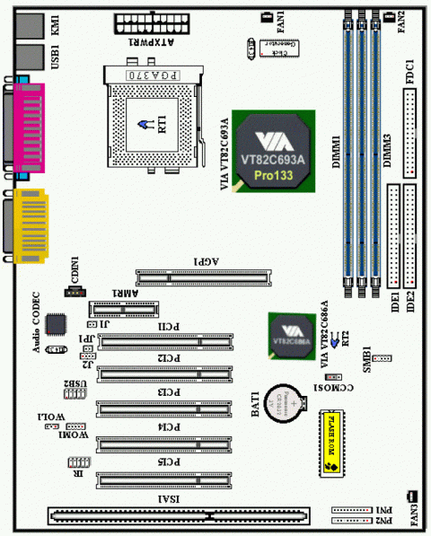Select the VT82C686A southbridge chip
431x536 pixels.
pyautogui.click(x=294, y=338)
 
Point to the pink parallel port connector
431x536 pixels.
pyautogui.click(x=25, y=127)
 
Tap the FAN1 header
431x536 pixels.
pyautogui.click(x=266, y=17)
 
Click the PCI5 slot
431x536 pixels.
pyautogui.click(x=170, y=479)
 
